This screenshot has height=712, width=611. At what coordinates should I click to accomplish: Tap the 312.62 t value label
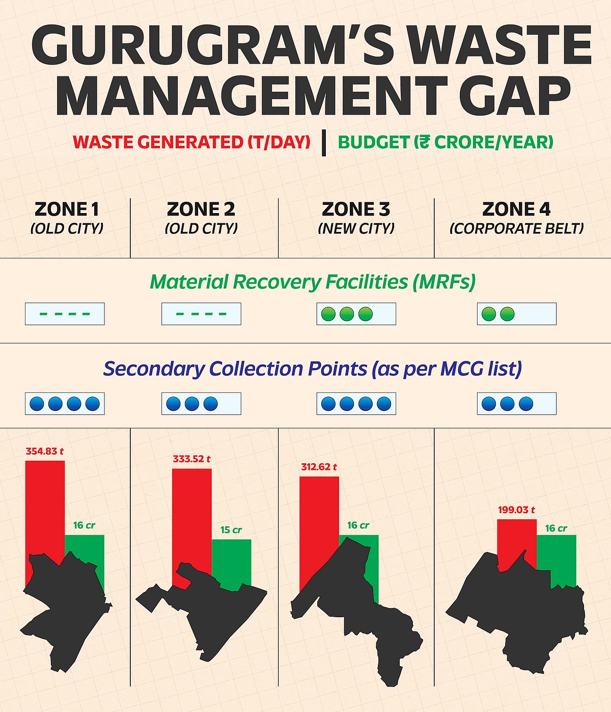tap(319, 467)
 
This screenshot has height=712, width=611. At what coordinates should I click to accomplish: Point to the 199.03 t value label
tap(516, 510)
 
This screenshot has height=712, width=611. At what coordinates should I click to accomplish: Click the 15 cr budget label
tap(231, 530)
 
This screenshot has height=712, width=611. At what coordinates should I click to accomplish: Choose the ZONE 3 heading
tap(356, 209)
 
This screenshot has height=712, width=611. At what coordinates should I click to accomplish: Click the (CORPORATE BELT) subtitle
tap(516, 228)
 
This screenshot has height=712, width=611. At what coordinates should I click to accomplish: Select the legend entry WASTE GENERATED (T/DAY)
tap(191, 142)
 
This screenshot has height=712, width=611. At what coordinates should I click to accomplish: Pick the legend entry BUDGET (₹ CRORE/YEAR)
tap(446, 142)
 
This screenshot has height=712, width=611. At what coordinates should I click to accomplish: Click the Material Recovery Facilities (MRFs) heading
tap(313, 282)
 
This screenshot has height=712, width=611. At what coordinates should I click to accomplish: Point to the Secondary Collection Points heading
tap(313, 368)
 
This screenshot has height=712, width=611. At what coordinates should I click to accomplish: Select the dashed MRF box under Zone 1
tap(65, 314)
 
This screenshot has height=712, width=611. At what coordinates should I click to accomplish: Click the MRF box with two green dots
tap(516, 314)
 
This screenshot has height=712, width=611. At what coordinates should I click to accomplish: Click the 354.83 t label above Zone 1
tap(45, 451)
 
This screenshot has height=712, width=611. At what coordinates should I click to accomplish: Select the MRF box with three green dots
tap(356, 314)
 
